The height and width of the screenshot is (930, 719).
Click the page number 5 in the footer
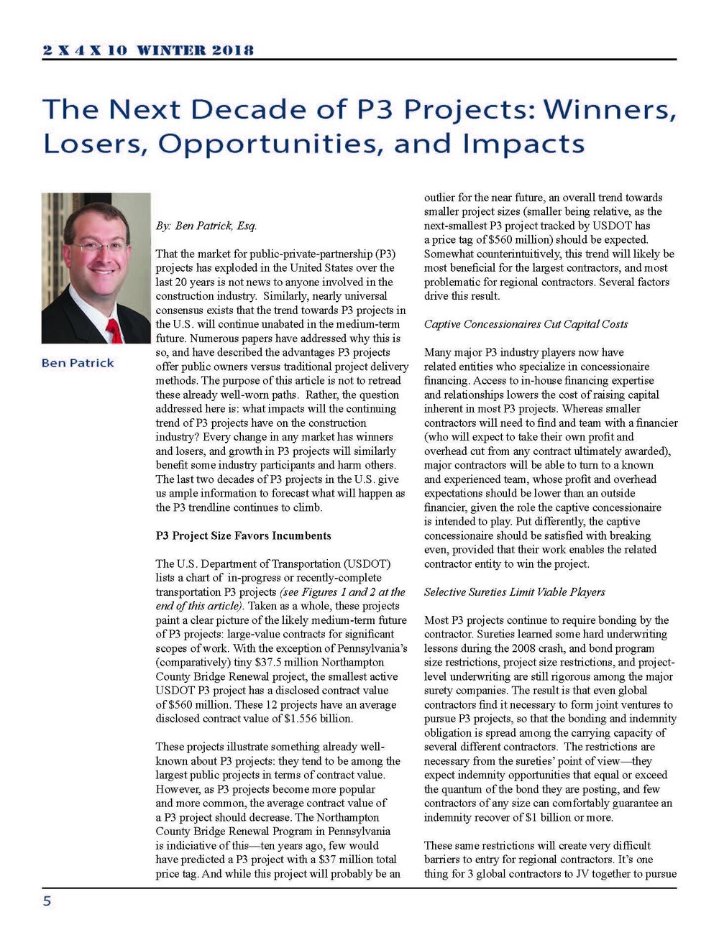click(47, 901)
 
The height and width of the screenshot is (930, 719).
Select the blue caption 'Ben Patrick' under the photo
click(78, 363)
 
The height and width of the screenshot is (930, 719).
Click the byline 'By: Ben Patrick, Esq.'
click(206, 226)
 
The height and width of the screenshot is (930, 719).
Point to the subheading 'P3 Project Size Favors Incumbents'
click(244, 535)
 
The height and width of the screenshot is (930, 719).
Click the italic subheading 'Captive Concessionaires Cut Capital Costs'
click(526, 324)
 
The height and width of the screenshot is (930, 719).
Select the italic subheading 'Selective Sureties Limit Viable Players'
click(514, 592)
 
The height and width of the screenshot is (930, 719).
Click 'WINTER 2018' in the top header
click(195, 50)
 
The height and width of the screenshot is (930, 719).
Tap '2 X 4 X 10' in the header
click(84, 50)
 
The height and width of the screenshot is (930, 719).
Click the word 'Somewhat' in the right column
click(448, 254)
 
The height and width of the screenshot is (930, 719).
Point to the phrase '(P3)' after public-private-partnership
click(384, 254)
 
